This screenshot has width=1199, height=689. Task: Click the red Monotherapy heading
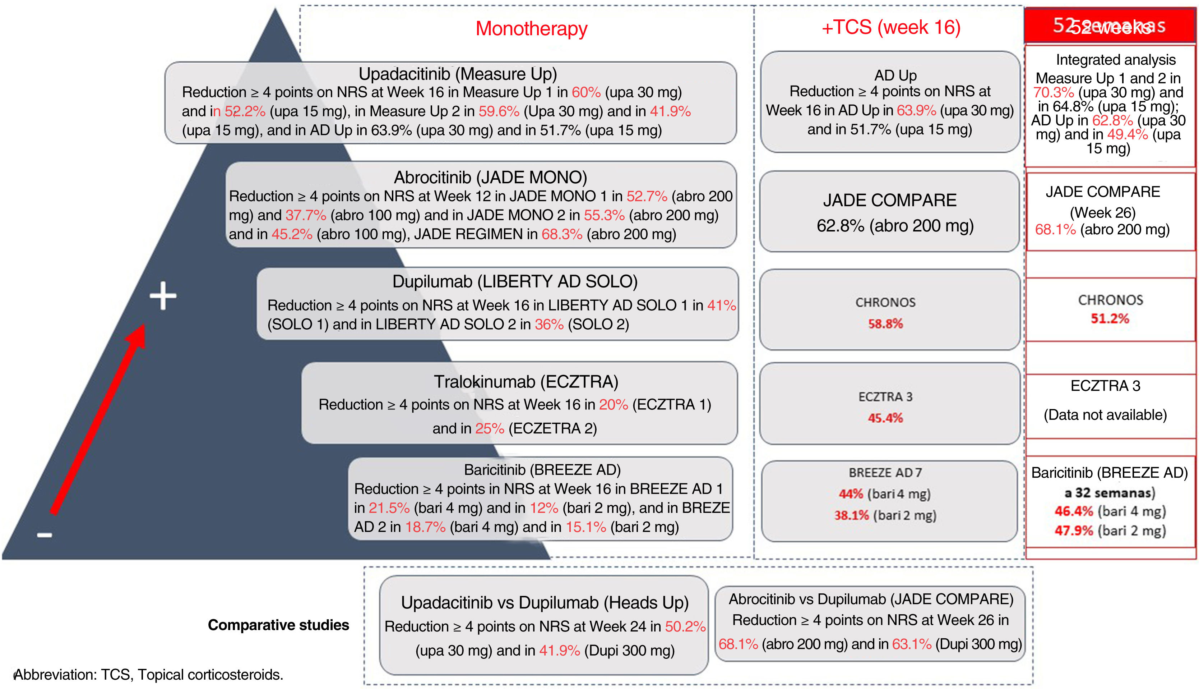(531, 28)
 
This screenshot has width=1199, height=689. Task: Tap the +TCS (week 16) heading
(891, 27)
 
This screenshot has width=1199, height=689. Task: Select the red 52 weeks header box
(1109, 26)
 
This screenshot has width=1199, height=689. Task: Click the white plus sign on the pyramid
(163, 296)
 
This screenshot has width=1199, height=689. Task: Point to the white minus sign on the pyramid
(45, 535)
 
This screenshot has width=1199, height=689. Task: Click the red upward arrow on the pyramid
(97, 421)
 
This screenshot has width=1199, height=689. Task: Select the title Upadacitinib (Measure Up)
(457, 74)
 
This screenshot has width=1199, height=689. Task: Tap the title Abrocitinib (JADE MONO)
(490, 178)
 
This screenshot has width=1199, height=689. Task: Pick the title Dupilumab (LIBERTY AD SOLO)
(514, 281)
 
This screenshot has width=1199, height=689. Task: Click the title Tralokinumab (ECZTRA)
(526, 381)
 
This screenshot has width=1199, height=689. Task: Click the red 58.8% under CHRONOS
(885, 324)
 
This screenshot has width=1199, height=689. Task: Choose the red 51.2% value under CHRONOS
(1110, 318)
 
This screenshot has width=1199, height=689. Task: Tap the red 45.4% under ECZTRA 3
(885, 418)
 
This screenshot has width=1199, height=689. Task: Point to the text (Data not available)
(1105, 415)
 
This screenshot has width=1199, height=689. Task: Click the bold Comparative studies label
(278, 625)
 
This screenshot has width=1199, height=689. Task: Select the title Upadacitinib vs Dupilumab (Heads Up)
(545, 603)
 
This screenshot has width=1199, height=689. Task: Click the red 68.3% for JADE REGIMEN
(562, 234)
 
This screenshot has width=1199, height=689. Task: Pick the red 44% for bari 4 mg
(851, 494)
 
